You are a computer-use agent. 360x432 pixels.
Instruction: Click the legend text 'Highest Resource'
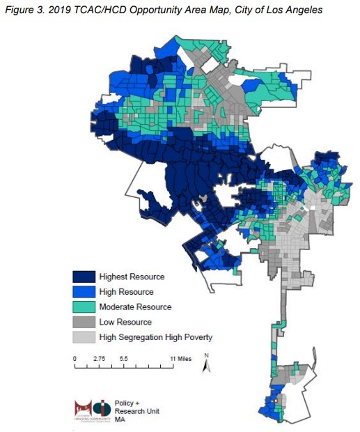point(132,277)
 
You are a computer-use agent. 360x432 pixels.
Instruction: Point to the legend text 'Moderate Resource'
point(135,307)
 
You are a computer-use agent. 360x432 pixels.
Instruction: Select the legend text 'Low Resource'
point(126,322)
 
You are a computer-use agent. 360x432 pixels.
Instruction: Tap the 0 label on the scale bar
point(75,357)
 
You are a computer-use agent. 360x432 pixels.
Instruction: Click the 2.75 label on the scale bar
point(99,357)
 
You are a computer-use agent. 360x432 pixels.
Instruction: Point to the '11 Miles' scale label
point(180,357)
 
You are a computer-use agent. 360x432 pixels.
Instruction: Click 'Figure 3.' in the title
point(21,10)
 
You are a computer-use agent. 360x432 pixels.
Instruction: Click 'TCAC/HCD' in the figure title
point(95,10)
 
